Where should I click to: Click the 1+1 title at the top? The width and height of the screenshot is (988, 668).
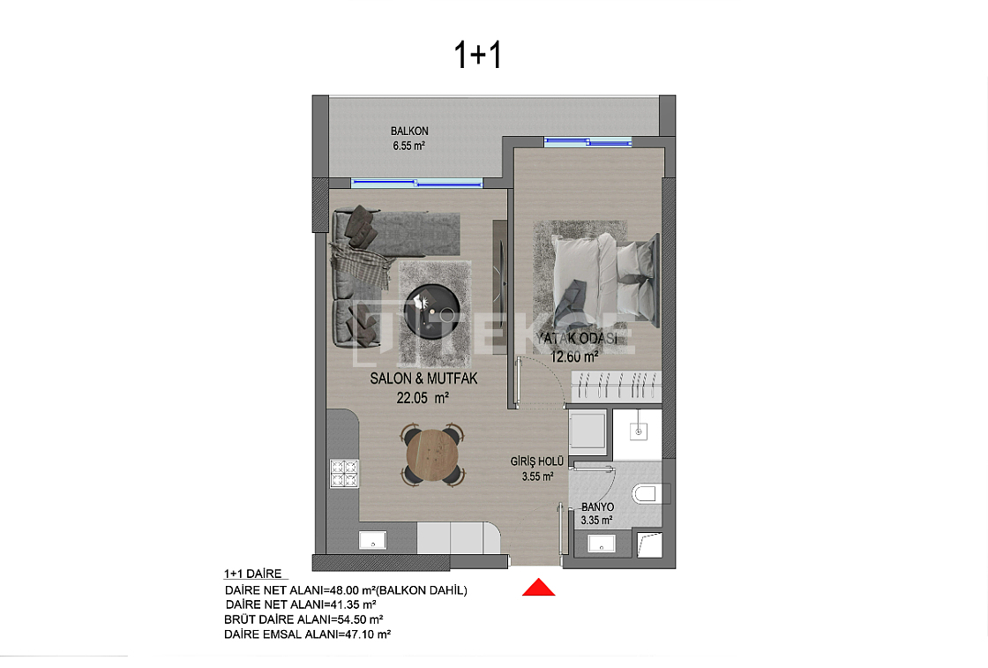[477, 55]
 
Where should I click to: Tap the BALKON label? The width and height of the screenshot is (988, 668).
[409, 131]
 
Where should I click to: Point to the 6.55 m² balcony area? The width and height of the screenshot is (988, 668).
[409, 146]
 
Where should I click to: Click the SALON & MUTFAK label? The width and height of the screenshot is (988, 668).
[423, 379]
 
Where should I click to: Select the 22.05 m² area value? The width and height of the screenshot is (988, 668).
[423, 398]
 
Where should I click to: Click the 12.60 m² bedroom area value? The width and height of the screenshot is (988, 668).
[574, 357]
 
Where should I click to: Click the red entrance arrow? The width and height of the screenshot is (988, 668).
[539, 587]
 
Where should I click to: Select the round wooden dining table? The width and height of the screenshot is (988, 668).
[432, 454]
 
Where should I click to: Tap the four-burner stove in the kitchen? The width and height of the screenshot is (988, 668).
[344, 474]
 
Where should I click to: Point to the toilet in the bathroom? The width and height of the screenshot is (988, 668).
[648, 492]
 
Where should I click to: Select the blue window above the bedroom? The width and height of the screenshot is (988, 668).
[588, 141]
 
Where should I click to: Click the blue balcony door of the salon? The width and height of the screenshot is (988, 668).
[417, 184]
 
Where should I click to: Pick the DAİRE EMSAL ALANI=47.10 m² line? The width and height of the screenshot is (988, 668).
[308, 634]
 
